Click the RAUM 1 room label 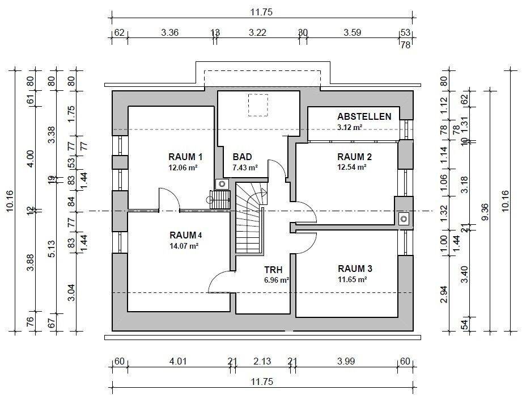(x=185, y=157)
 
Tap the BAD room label (x=243, y=157)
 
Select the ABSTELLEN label (x=364, y=116)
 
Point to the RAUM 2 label (x=355, y=157)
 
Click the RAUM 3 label (x=355, y=269)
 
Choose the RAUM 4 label (x=186, y=235)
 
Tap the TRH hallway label (x=273, y=270)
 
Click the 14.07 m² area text (x=184, y=246)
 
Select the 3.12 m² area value (x=350, y=127)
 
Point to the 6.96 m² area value (x=277, y=280)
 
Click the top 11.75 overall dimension (x=261, y=12)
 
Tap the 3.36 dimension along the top (x=170, y=32)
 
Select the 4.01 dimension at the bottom (x=178, y=361)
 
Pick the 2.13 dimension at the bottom (x=262, y=361)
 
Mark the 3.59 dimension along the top (x=353, y=32)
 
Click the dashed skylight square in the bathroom (x=258, y=105)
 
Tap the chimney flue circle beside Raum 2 (x=404, y=219)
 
